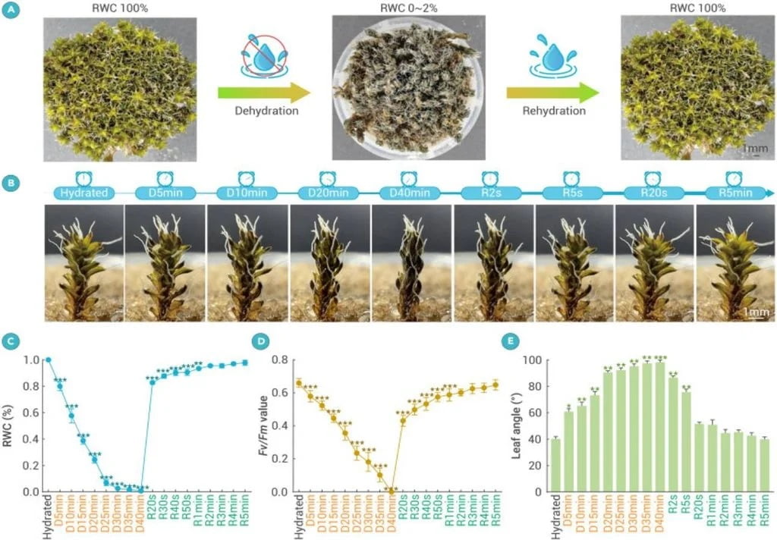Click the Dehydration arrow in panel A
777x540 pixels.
(263, 93)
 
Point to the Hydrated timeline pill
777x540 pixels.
(83, 193)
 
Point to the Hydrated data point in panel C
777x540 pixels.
(48, 360)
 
